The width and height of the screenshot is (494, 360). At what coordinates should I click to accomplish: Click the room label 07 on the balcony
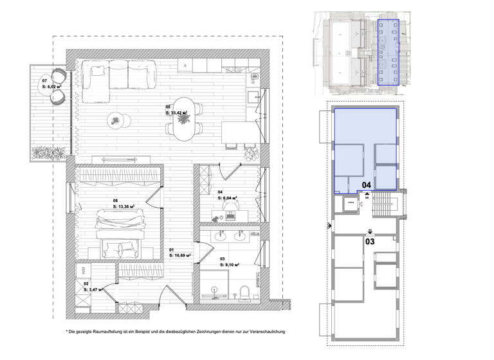pos(45,80)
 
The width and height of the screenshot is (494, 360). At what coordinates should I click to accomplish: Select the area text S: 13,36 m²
pos(126,207)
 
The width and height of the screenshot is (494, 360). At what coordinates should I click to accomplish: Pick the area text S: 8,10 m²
pos(230,264)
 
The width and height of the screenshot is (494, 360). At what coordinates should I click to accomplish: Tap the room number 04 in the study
pos(220,192)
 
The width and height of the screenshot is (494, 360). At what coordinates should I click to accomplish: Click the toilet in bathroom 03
pos(244,292)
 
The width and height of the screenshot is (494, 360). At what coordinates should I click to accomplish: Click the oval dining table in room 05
pos(185,119)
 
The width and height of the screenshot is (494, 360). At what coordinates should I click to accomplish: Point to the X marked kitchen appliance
pos(185,66)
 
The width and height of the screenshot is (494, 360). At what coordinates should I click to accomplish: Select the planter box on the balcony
pos(49,153)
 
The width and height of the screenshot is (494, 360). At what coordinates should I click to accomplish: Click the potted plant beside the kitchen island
pos(251,154)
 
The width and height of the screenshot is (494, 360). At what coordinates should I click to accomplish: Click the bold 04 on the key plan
pos(367,185)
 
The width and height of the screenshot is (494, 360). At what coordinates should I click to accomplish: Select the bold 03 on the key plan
pos(370,242)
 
